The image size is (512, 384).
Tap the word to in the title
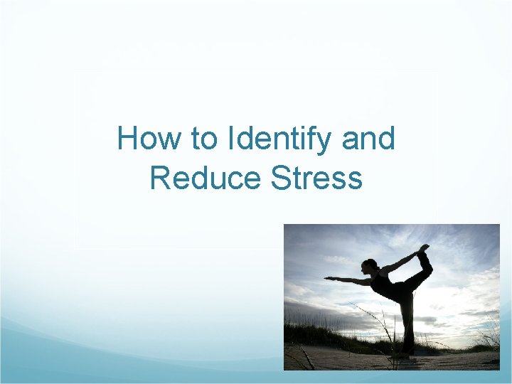(x=206, y=138)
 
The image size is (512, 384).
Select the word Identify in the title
(x=280, y=139)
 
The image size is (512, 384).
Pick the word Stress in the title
(x=317, y=178)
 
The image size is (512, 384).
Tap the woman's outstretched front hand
(x=328, y=278)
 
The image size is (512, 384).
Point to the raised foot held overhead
(x=425, y=249)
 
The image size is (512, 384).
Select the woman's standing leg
(x=407, y=320)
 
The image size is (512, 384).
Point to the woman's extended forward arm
(x=348, y=280)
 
